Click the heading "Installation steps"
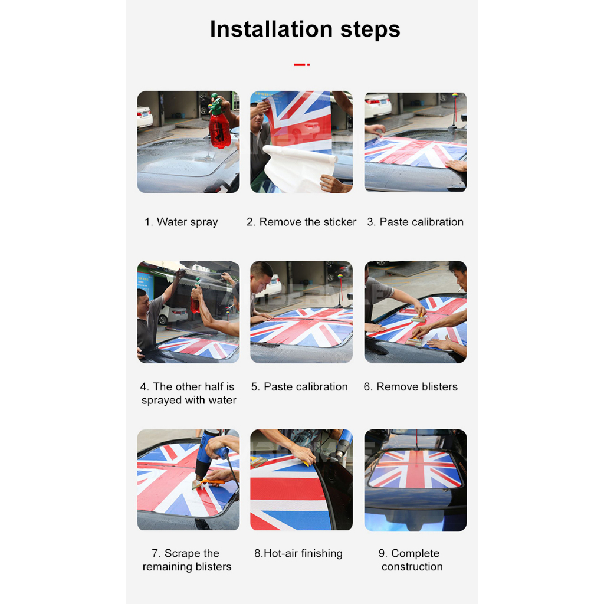coord(305,29)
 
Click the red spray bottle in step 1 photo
coord(219,123)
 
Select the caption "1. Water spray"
coord(181,222)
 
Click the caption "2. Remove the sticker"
coord(301,222)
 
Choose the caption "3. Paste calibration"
coord(415,222)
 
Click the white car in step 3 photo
coord(377,105)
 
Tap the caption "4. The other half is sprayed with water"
coord(188,393)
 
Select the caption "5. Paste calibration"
coord(299,387)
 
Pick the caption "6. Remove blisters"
coord(411,387)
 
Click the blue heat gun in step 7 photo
coord(210,455)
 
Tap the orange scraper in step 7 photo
coord(210,482)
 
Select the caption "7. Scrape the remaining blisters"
coord(187,560)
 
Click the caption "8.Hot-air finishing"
coord(298,553)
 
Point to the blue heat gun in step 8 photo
coord(343,442)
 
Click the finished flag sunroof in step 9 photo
coord(415,468)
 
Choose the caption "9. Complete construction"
coord(411,560)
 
